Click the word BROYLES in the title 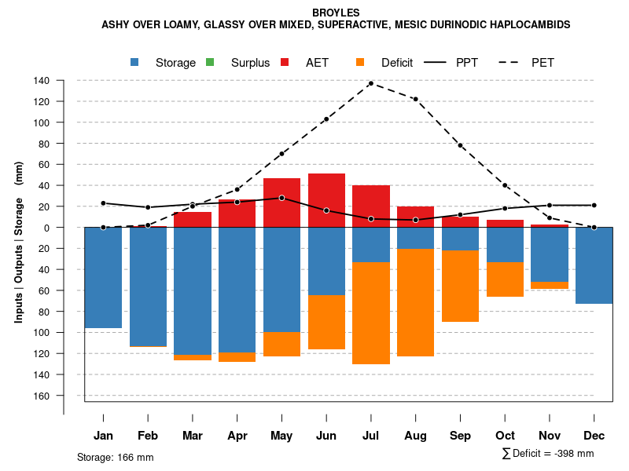point(336,13)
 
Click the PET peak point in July point(370,83)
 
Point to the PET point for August point(415,99)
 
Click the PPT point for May point(281,198)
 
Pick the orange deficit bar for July point(370,312)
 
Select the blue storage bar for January point(103,277)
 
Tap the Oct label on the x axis point(505,436)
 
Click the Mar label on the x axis point(192,436)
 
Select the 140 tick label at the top point(42,81)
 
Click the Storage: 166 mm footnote point(115,457)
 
